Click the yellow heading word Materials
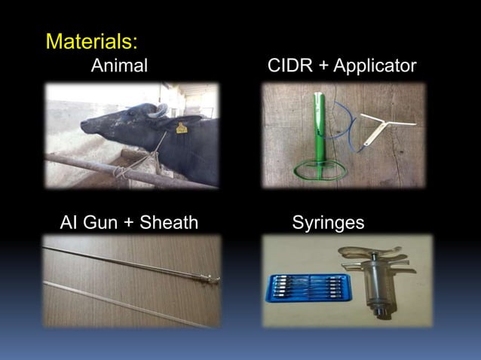[x=90, y=40]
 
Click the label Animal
[x=119, y=66]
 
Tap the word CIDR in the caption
[x=290, y=66]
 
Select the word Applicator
[x=375, y=66]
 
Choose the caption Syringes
[x=328, y=222]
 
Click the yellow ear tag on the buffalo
[x=181, y=128]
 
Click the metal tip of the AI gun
[x=214, y=280]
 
